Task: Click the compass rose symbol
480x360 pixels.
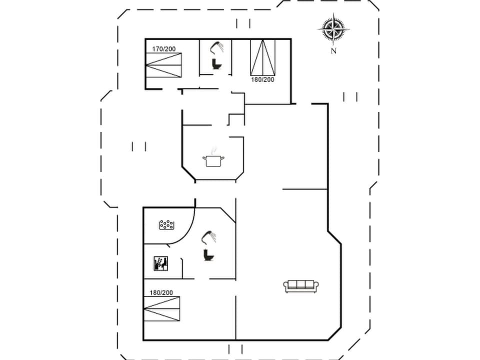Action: pos(333,29)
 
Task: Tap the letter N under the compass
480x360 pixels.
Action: pos(333,50)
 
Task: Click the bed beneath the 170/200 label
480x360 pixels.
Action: pos(163,65)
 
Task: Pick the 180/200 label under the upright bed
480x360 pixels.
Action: pos(262,79)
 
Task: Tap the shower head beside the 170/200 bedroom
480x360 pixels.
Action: pos(217,46)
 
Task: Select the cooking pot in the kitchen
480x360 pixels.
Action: pos(213,160)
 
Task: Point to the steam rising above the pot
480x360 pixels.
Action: pos(214,150)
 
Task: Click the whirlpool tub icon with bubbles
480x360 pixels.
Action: pos(166,225)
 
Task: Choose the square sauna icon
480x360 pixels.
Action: pos(160,263)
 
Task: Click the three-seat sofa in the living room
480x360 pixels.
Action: pos(301,286)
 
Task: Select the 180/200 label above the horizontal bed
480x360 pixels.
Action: pos(161,292)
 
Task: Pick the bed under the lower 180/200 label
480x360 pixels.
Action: pos(161,308)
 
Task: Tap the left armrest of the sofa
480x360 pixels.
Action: pos(286,287)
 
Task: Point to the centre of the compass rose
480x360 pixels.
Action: pos(333,29)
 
